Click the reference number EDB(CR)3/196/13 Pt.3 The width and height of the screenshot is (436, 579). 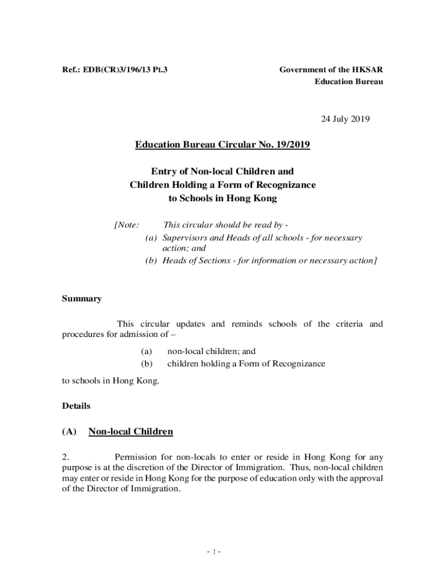pyautogui.click(x=126, y=70)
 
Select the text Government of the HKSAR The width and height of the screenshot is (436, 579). pyautogui.click(x=331, y=70)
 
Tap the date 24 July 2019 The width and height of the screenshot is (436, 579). pyautogui.click(x=345, y=119)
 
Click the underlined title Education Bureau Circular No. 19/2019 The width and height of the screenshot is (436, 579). pyautogui.click(x=223, y=145)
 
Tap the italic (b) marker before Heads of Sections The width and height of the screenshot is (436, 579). pyautogui.click(x=151, y=260)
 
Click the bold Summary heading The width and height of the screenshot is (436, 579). pyautogui.click(x=82, y=299)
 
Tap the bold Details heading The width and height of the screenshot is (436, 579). pyautogui.click(x=76, y=406)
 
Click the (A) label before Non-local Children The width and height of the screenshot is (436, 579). pyautogui.click(x=69, y=432)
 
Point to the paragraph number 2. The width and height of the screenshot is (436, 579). pyautogui.click(x=65, y=457)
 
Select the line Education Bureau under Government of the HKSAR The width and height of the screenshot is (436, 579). pyautogui.click(x=349, y=82)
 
